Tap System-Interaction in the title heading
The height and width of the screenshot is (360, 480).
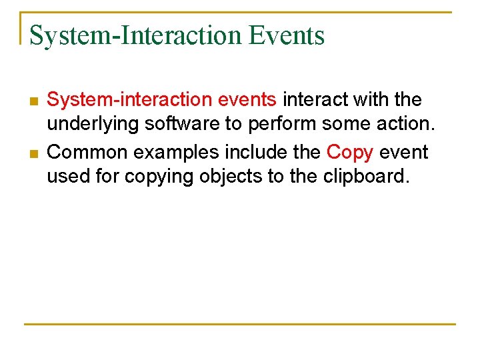136,35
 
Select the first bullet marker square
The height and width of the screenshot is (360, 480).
33,101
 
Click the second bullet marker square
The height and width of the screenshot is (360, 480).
33,154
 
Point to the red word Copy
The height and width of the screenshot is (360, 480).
349,152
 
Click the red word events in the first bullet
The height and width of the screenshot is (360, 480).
247,100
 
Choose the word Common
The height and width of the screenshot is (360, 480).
89,152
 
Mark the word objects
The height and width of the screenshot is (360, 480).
231,178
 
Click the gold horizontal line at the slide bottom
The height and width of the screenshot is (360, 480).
240,324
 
